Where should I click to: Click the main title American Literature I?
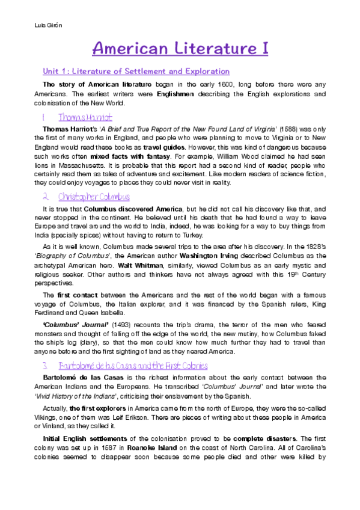point(180,49)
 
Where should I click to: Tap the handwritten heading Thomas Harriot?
point(85,117)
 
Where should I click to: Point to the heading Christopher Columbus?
point(93,197)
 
